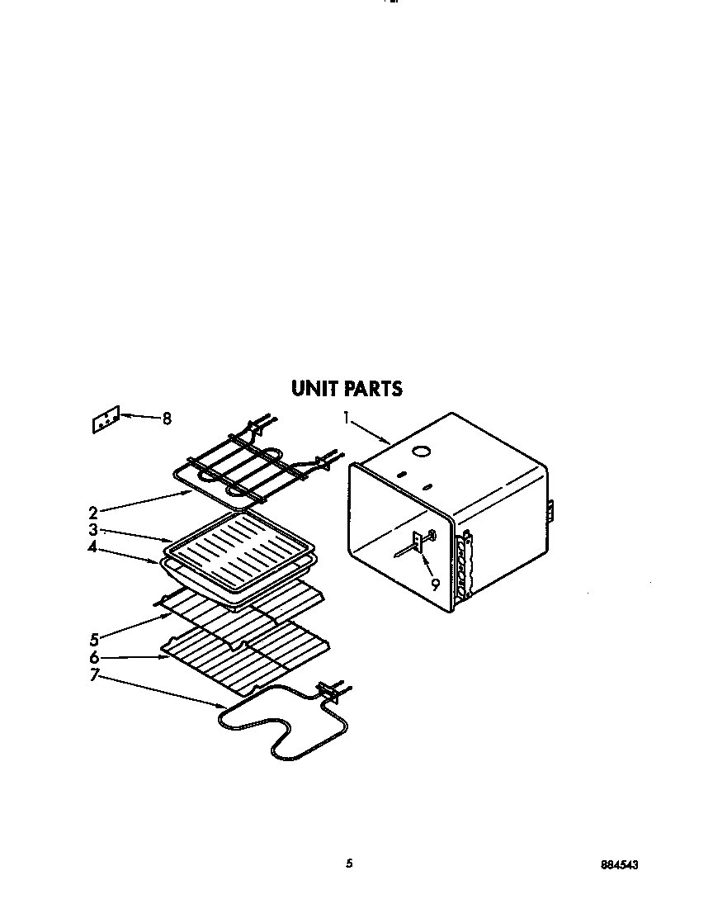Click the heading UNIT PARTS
[x=347, y=388]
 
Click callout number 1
[x=347, y=419]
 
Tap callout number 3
[x=93, y=530]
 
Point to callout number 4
[x=93, y=546]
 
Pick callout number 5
[x=93, y=639]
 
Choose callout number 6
[x=93, y=658]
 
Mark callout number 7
[x=93, y=675]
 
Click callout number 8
[x=167, y=419]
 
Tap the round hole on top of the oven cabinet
[x=422, y=451]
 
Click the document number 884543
[x=619, y=864]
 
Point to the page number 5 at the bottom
[x=349, y=864]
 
